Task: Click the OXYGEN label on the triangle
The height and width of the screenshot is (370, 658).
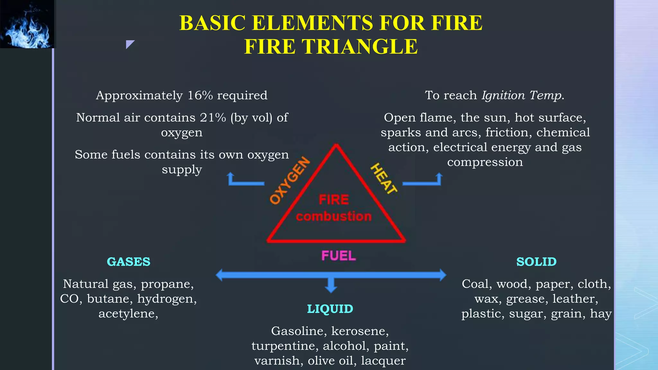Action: [290, 181]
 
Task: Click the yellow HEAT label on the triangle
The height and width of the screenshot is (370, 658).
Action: [384, 179]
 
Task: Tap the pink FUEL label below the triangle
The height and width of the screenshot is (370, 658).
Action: [339, 256]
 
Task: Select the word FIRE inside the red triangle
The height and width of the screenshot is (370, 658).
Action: [334, 200]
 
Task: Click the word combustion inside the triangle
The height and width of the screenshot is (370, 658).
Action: [334, 216]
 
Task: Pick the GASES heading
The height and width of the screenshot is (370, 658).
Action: [129, 262]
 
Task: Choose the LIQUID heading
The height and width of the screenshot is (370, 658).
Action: [330, 309]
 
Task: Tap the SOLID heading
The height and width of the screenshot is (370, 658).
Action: [536, 262]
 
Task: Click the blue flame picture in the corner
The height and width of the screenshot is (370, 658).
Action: [27, 24]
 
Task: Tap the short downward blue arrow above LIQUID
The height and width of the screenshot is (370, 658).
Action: [331, 285]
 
